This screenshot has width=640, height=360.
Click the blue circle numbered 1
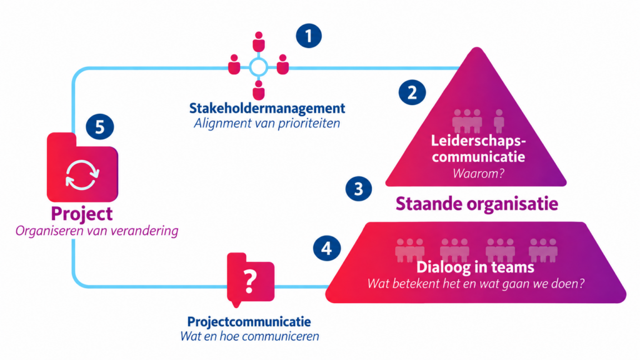(309, 36)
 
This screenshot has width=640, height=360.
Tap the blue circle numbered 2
(412, 92)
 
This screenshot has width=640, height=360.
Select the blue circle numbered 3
(359, 189)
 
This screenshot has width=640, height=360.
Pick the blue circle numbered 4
(327, 248)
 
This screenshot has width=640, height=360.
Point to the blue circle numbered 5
(99, 126)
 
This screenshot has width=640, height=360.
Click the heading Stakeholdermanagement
(267, 108)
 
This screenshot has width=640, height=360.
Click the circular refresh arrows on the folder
(82, 175)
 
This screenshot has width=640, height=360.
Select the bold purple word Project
(82, 214)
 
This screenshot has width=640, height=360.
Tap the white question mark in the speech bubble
(250, 281)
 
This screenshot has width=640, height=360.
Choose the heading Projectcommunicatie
(249, 322)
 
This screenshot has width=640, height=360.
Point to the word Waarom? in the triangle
(478, 174)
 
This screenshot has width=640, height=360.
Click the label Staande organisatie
(477, 204)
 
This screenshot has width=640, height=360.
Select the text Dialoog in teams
(475, 267)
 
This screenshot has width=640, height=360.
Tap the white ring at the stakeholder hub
(258, 67)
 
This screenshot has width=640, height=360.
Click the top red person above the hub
(258, 41)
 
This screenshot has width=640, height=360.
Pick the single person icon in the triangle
(499, 121)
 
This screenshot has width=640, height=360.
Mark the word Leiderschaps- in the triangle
(478, 141)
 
